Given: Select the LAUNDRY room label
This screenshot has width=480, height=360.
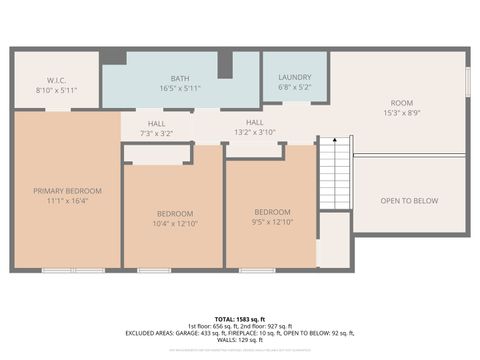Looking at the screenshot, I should tap(294, 77).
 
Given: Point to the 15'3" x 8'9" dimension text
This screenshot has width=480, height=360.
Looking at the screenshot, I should tap(401, 113).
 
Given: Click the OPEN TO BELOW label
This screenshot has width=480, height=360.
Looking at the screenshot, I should tap(409, 201).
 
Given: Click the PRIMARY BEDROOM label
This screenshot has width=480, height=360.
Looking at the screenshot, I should tap(67, 190).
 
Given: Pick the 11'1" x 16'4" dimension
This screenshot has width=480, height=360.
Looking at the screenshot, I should tap(67, 200).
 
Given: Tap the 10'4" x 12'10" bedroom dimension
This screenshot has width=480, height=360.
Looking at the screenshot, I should tap(173, 222).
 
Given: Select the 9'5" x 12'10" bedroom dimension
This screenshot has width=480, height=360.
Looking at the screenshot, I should tap(272, 222).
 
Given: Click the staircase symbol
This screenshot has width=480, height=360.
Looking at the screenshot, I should tap(334, 171).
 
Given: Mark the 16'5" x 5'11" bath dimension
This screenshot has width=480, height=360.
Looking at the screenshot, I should tap(180, 88).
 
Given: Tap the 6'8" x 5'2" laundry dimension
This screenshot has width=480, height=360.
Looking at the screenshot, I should tap(294, 88).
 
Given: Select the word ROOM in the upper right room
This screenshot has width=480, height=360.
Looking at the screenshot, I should tap(401, 103).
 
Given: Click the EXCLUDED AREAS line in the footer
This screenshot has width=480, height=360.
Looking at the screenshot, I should tap(241, 332).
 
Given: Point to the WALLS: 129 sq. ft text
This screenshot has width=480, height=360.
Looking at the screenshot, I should tap(241, 340).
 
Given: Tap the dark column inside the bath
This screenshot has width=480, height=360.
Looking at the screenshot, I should tap(225, 64).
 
